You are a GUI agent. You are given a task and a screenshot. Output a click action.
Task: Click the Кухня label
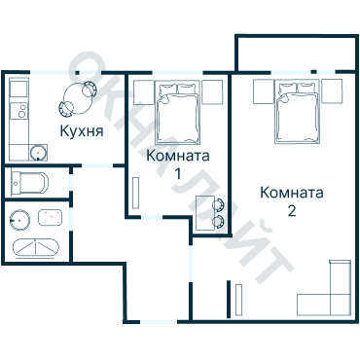point(82,130)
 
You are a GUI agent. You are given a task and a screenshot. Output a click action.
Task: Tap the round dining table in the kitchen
point(78,96)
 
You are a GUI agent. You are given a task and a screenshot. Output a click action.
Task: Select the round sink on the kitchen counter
point(37,153)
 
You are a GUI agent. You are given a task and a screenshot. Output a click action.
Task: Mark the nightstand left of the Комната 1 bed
point(141,93)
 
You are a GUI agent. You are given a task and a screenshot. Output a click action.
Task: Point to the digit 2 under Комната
point(291,210)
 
